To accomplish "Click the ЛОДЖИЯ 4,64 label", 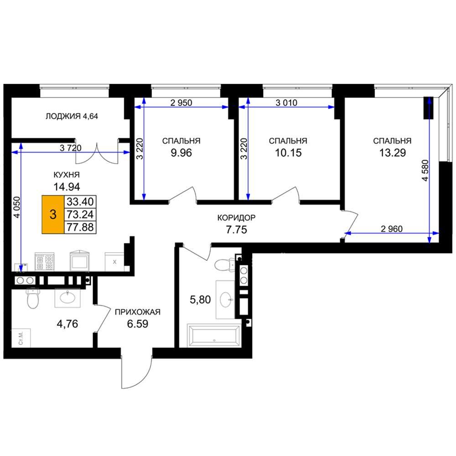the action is (72, 116).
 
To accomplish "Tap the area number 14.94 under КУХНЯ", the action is (67, 187).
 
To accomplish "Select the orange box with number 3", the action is (53, 214).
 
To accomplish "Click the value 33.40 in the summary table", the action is (80, 202).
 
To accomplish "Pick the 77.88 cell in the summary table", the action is (80, 227).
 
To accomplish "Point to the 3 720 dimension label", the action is (70, 148).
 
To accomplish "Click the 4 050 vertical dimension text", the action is (17, 207).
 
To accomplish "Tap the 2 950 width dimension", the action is (181, 103).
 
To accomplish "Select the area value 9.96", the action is (181, 153).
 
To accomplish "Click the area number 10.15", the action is (288, 153).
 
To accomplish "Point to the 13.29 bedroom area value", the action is (392, 153).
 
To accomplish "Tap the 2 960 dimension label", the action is (392, 229).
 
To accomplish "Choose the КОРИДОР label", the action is (236, 218).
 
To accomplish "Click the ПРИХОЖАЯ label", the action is (138, 312).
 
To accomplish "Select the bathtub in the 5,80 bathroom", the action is (214, 335).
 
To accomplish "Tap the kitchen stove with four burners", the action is (45, 261).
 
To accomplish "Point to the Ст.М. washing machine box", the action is (21, 338).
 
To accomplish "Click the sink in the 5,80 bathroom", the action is (225, 300).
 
